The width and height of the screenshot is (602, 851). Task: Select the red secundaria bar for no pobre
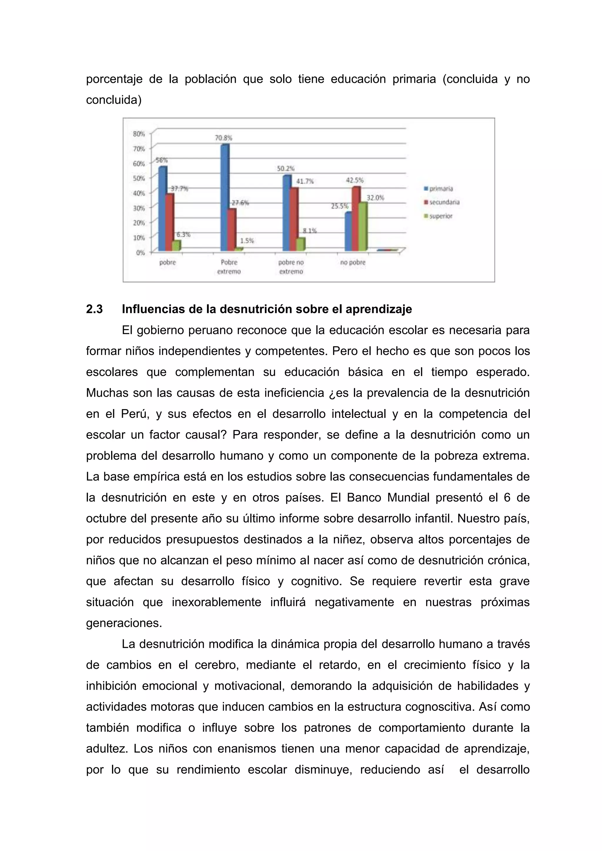[356, 219]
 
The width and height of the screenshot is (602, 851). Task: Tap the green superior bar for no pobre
[363, 227]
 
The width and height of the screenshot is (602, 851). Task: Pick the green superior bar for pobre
[177, 245]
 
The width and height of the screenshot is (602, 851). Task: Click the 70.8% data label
[223, 138]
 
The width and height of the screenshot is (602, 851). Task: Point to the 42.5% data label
[355, 180]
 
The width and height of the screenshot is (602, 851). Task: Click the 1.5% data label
[247, 241]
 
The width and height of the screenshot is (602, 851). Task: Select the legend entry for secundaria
[444, 202]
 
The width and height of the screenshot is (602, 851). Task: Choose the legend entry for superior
[440, 216]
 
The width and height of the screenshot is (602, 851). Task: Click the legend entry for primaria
[440, 188]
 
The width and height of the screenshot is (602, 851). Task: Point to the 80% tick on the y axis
[139, 133]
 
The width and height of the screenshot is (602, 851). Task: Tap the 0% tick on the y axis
[140, 252]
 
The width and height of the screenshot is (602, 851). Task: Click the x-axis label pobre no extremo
[291, 267]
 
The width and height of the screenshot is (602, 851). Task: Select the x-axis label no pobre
[353, 262]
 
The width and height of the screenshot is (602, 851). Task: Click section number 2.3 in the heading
[95, 309]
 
